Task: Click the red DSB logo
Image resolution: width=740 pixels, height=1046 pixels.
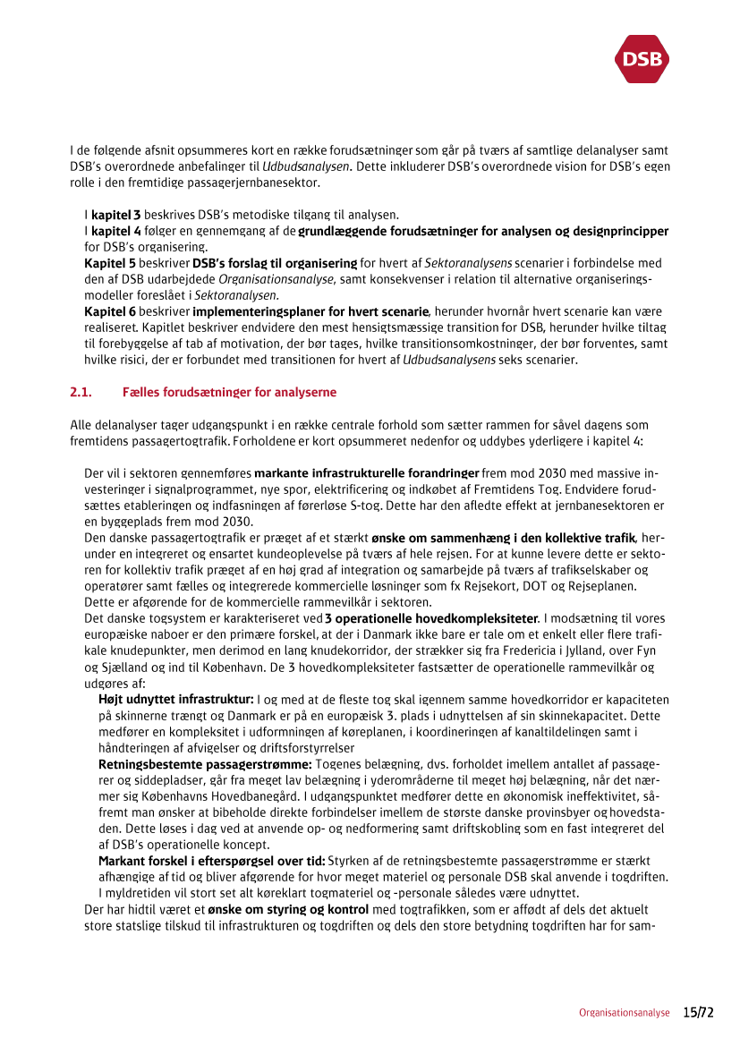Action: [x=642, y=59]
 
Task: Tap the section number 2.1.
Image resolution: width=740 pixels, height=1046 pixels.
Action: [x=81, y=393]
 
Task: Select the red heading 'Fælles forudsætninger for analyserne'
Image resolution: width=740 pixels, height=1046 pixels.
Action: [x=229, y=393]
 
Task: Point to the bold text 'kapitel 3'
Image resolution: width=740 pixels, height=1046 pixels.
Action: [x=115, y=216]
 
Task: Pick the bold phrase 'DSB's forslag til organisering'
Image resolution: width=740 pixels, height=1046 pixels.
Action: [x=275, y=264]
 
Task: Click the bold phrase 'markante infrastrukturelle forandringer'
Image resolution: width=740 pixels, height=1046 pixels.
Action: [x=367, y=473]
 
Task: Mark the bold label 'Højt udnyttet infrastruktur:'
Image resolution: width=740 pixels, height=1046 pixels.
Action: [x=176, y=700]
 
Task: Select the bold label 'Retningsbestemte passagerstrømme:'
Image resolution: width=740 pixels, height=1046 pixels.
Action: [x=205, y=764]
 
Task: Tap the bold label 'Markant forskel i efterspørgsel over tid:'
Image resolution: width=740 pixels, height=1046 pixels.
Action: [x=212, y=861]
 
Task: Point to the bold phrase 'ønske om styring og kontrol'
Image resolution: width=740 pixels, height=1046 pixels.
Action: [x=276, y=909]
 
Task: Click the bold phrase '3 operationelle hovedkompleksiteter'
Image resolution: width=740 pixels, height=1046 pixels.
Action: [x=431, y=618]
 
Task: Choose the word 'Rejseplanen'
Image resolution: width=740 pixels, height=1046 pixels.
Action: [x=604, y=586]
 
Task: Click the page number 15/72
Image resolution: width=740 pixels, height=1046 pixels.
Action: [x=698, y=1012]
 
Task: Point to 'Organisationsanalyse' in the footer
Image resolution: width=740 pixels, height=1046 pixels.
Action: [x=624, y=1013]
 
